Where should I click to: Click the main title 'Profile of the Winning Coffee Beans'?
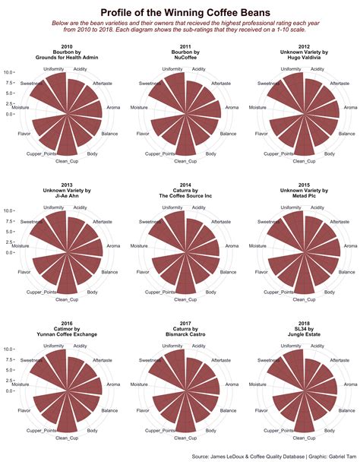click(180, 11)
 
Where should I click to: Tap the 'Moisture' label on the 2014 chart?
click(140, 246)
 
